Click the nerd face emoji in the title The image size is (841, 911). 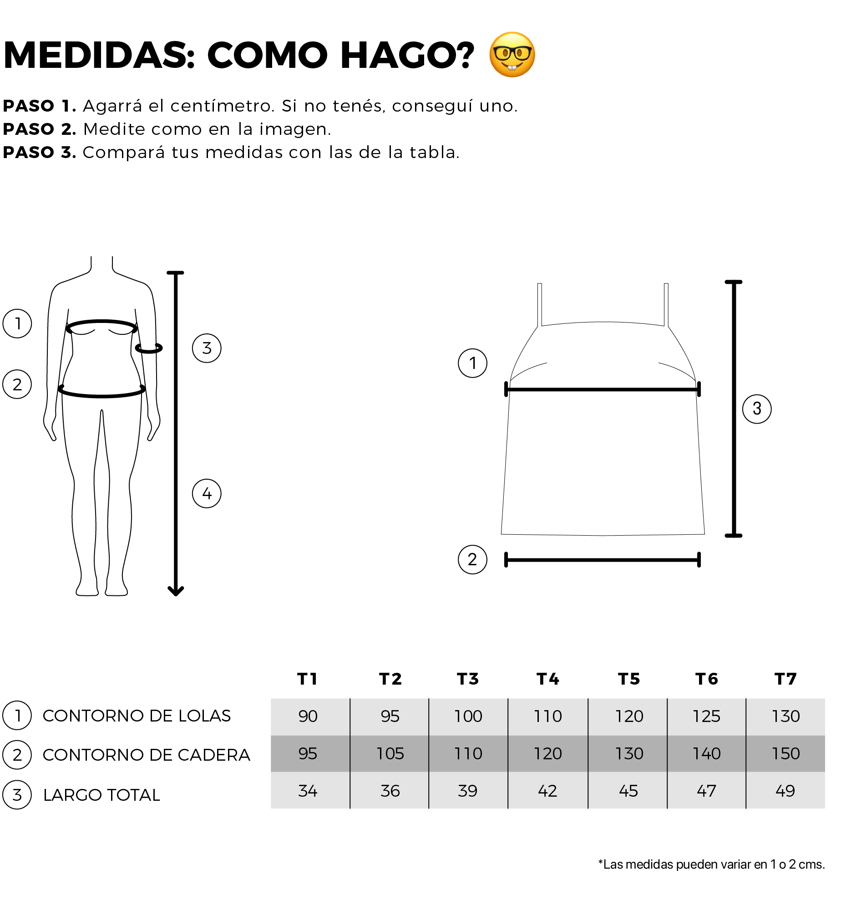point(512,55)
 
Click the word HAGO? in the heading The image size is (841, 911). point(407,55)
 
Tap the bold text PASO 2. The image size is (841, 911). point(40,129)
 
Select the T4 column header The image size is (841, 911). point(548,679)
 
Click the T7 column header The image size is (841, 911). point(786,679)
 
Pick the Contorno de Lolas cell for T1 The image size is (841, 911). point(308,717)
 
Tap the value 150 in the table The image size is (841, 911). point(786,754)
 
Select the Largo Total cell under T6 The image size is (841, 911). point(707,791)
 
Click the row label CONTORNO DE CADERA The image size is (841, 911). point(147,755)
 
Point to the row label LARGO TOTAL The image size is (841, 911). point(101,795)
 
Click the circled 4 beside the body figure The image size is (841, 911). point(207,493)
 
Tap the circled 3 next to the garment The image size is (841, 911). point(757,409)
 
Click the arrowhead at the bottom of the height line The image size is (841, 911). point(176,591)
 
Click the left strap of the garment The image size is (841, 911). point(540,304)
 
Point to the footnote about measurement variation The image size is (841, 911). point(711,865)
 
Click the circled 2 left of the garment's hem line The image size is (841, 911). point(472,559)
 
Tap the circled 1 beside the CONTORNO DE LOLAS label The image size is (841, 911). point(17,716)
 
